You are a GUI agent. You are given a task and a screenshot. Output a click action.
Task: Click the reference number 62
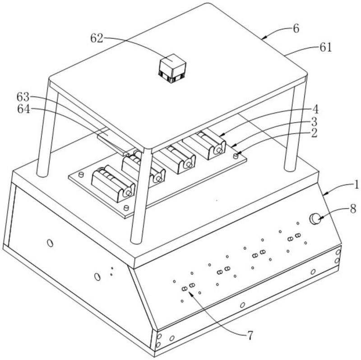(97, 38)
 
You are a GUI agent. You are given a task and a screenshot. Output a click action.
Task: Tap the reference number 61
(325, 47)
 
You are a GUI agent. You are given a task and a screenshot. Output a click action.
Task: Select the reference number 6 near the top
(296, 28)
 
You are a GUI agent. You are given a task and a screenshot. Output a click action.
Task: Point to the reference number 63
(23, 97)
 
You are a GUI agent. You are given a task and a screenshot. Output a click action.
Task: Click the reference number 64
(23, 109)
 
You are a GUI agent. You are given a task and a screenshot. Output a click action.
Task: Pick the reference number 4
(315, 109)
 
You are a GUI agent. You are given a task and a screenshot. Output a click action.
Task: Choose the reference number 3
(314, 121)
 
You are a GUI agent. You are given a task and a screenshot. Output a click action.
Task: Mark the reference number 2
(314, 133)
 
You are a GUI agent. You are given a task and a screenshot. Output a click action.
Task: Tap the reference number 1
(356, 185)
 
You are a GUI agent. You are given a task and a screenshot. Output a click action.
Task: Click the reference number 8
(353, 209)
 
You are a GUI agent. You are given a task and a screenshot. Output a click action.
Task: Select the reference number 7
(250, 335)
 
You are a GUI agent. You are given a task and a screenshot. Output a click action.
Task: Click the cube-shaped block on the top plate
(172, 69)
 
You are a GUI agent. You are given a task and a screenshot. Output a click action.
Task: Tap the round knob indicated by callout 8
(315, 219)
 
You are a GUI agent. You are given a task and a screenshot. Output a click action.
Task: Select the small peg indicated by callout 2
(235, 156)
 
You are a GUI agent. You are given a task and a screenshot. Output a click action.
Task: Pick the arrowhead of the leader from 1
(325, 194)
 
